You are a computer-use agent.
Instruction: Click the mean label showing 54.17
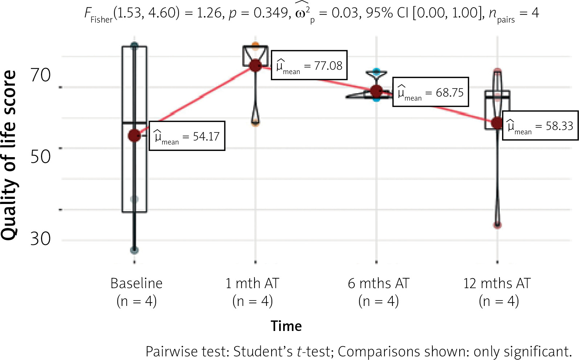pyautogui.click(x=187, y=136)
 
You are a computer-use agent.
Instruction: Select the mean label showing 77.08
pyautogui.click(x=309, y=65)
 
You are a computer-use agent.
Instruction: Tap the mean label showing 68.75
pyautogui.click(x=431, y=92)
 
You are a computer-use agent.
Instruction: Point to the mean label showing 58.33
pyautogui.click(x=540, y=126)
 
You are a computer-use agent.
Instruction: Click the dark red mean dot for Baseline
pyautogui.click(x=134, y=136)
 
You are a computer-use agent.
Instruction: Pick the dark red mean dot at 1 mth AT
pyautogui.click(x=256, y=65)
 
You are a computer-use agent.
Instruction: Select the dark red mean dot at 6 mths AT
pyautogui.click(x=376, y=91)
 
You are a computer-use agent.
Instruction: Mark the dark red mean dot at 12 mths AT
pyautogui.click(x=497, y=123)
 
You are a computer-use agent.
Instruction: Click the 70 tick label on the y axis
pyautogui.click(x=40, y=75)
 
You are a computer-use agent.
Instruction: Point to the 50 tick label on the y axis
pyautogui.click(x=40, y=157)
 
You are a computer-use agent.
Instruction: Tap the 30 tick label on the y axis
pyautogui.click(x=40, y=239)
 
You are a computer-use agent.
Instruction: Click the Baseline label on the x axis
pyautogui.click(x=136, y=283)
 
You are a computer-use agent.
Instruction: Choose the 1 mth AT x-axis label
pyautogui.click(x=252, y=283)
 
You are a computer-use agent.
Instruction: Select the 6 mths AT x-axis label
pyautogui.click(x=379, y=283)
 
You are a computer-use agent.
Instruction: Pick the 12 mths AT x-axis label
pyautogui.click(x=497, y=283)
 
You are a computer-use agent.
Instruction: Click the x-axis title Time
pyautogui.click(x=286, y=326)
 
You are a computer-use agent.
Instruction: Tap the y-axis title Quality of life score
pyautogui.click(x=9, y=155)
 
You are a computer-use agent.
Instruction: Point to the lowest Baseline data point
pyautogui.click(x=134, y=250)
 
